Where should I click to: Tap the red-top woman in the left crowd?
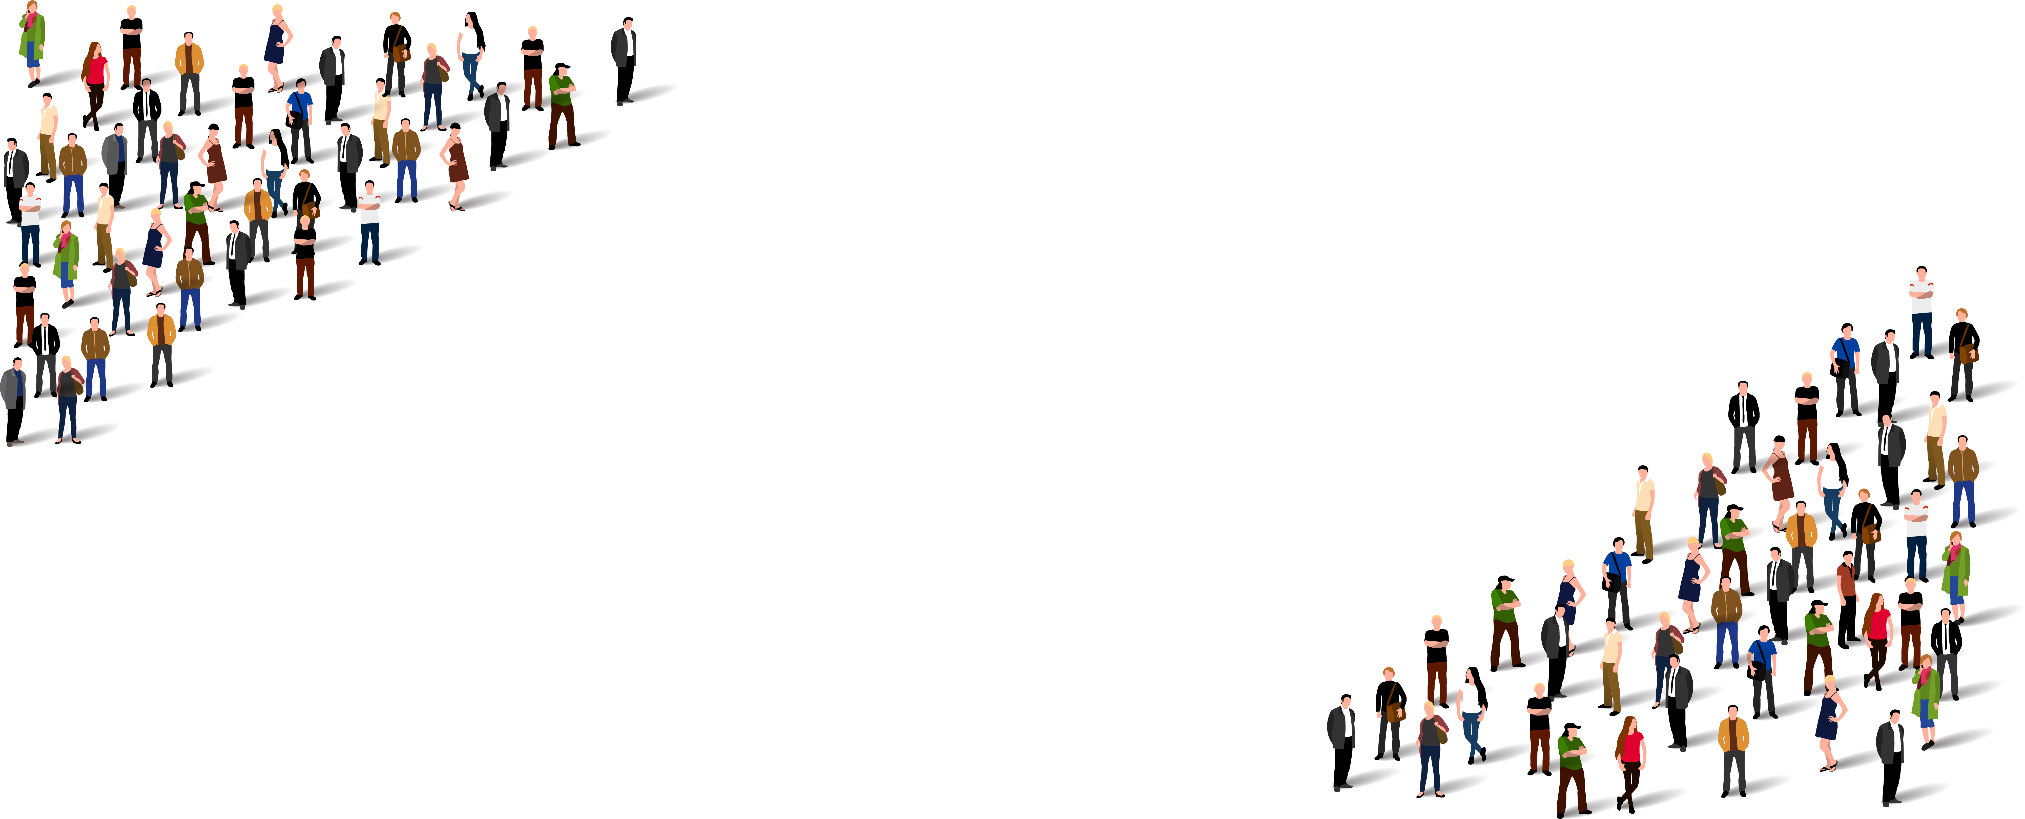point(95,83)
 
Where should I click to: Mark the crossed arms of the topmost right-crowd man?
point(1921,295)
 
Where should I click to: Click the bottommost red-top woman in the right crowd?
point(1631,759)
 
